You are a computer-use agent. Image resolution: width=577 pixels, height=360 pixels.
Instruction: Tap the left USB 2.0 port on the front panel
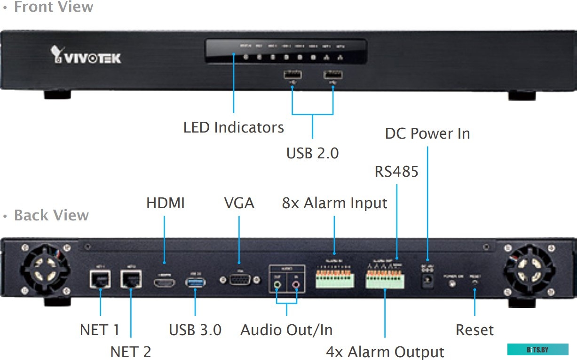point(292,74)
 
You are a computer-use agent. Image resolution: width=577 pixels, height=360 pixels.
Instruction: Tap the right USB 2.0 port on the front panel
point(333,74)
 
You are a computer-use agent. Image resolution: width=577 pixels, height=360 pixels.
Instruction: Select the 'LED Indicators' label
point(233,127)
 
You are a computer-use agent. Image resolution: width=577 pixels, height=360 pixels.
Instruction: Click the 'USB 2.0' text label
point(312,153)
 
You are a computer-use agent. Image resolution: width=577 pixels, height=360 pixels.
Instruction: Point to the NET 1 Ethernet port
point(100,280)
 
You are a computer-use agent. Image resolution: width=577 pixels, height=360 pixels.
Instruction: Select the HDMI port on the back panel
point(164,282)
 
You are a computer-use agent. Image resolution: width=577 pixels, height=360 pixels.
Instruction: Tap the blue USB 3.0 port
point(195,282)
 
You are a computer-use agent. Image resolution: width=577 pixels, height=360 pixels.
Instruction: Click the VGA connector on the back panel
point(239,280)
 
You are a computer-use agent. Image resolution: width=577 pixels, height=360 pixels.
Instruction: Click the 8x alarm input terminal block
point(334,280)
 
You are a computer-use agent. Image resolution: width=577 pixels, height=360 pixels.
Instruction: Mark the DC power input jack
point(428,281)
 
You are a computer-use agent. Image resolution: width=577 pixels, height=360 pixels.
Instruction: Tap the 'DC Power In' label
point(427,133)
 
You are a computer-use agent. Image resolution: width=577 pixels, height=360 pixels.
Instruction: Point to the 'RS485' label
point(396,172)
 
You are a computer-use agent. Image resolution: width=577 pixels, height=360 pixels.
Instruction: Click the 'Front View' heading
point(53,7)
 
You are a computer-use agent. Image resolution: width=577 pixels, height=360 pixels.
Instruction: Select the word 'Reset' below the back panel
point(474,330)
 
